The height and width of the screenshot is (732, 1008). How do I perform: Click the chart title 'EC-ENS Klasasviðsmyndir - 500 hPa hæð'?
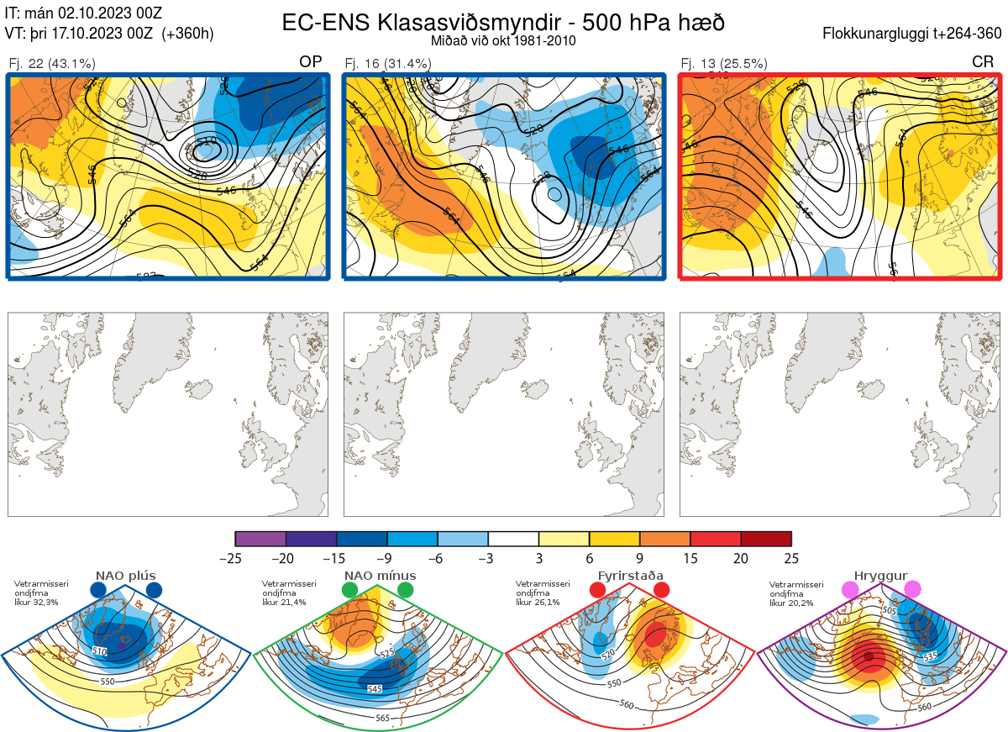point(503,22)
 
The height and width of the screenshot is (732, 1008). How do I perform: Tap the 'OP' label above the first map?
point(311,62)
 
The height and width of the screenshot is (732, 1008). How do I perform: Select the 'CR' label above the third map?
point(982,62)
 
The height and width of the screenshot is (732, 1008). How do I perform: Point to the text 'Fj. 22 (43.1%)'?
point(51,63)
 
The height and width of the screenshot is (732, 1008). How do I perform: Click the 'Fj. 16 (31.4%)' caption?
point(388,63)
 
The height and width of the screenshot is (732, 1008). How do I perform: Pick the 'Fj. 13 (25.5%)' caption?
point(724,63)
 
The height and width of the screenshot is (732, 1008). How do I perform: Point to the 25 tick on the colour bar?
point(790,557)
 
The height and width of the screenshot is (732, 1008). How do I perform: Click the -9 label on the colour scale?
point(386,557)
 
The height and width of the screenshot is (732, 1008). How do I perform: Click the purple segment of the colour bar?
point(260,539)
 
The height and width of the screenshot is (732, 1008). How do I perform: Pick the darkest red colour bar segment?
point(766,539)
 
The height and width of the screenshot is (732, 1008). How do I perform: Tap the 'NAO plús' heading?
point(125,576)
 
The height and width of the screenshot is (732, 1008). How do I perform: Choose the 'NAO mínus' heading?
point(380,576)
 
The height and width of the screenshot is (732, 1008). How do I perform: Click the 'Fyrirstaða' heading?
point(630,576)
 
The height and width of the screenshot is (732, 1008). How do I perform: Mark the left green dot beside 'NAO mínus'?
point(349,591)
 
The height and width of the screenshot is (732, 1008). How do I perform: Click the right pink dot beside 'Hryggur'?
point(912,590)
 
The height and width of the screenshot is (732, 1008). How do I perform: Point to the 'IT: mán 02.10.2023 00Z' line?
point(83,13)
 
